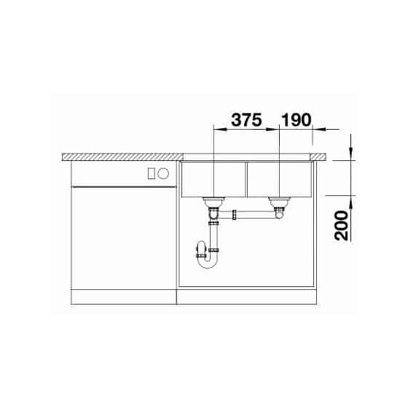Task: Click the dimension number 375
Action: pos(246,120)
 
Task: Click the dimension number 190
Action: pos(296,120)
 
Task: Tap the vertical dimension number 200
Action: pos(341,226)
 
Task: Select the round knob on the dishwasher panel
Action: pos(163,173)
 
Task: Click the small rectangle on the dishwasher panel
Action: pos(152,173)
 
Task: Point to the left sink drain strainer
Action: pos(213,201)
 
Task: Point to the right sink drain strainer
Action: pos(279,201)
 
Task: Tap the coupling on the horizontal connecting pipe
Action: pos(234,215)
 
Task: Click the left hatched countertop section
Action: pos(122,157)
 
